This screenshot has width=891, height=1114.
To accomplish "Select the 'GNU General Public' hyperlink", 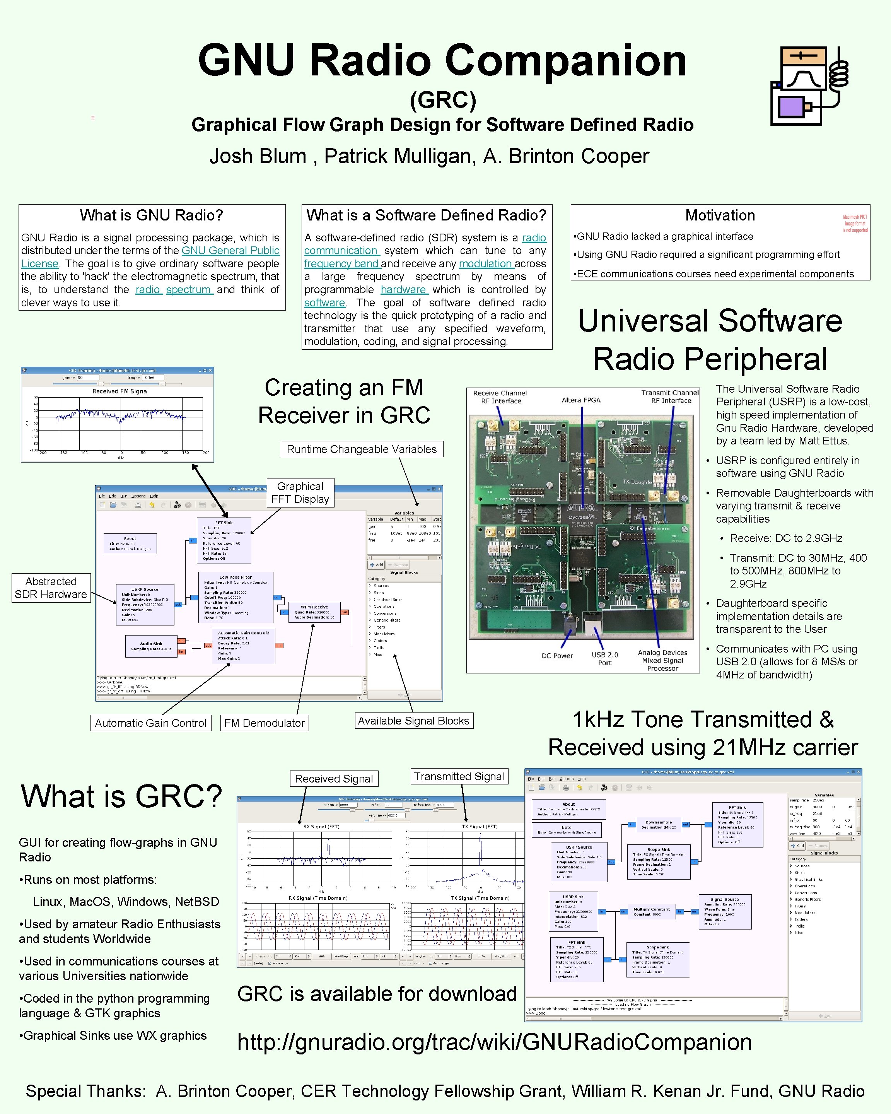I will pos(230,251).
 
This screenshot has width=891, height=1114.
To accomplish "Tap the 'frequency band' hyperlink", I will pos(341,263).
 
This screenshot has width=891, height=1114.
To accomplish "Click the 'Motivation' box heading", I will pos(720,215).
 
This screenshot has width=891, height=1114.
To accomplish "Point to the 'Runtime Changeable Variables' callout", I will pos(362,449).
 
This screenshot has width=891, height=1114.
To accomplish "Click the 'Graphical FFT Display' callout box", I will pos(300,492).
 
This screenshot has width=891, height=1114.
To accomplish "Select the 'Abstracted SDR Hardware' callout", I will pos(51,588).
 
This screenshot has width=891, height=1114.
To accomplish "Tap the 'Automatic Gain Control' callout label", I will pos(150,723).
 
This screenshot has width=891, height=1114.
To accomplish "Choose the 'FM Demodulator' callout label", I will pos(264,723).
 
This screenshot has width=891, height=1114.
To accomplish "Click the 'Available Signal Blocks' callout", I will pos(413,721).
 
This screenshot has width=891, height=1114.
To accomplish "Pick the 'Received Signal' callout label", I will pos(334,779).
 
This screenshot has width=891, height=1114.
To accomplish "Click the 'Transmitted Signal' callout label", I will pos(459,777).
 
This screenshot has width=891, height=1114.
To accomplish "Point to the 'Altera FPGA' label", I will pos(581,400).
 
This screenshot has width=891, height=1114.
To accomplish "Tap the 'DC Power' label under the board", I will pos(557,656).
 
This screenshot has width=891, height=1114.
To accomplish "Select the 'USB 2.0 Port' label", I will pos(604,658).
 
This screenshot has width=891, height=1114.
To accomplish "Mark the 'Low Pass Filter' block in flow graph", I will pos(236,597).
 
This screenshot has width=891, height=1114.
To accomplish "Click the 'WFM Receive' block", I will pos(314,612).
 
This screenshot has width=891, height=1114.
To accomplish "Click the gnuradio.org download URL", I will pos(494,1042).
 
